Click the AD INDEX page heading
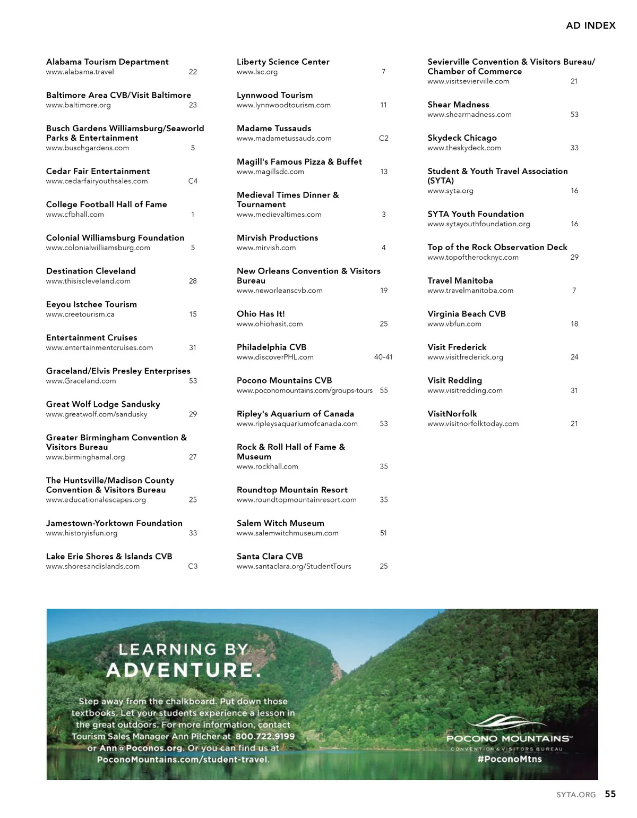590,25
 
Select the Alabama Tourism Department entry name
107,62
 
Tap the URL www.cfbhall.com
75,215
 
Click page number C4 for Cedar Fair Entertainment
193,181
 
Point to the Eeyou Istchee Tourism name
91,304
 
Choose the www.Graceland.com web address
81,381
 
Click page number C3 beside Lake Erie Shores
193,566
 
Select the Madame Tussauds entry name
274,129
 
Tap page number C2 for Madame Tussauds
383,138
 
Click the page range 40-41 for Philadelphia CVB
383,357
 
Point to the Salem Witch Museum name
280,523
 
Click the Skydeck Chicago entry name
462,138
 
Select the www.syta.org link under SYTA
450,191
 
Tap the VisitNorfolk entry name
452,414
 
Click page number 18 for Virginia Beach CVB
574,324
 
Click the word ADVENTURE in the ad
184,670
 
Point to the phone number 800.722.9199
264,737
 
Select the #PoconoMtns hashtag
510,759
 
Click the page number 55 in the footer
610,794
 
